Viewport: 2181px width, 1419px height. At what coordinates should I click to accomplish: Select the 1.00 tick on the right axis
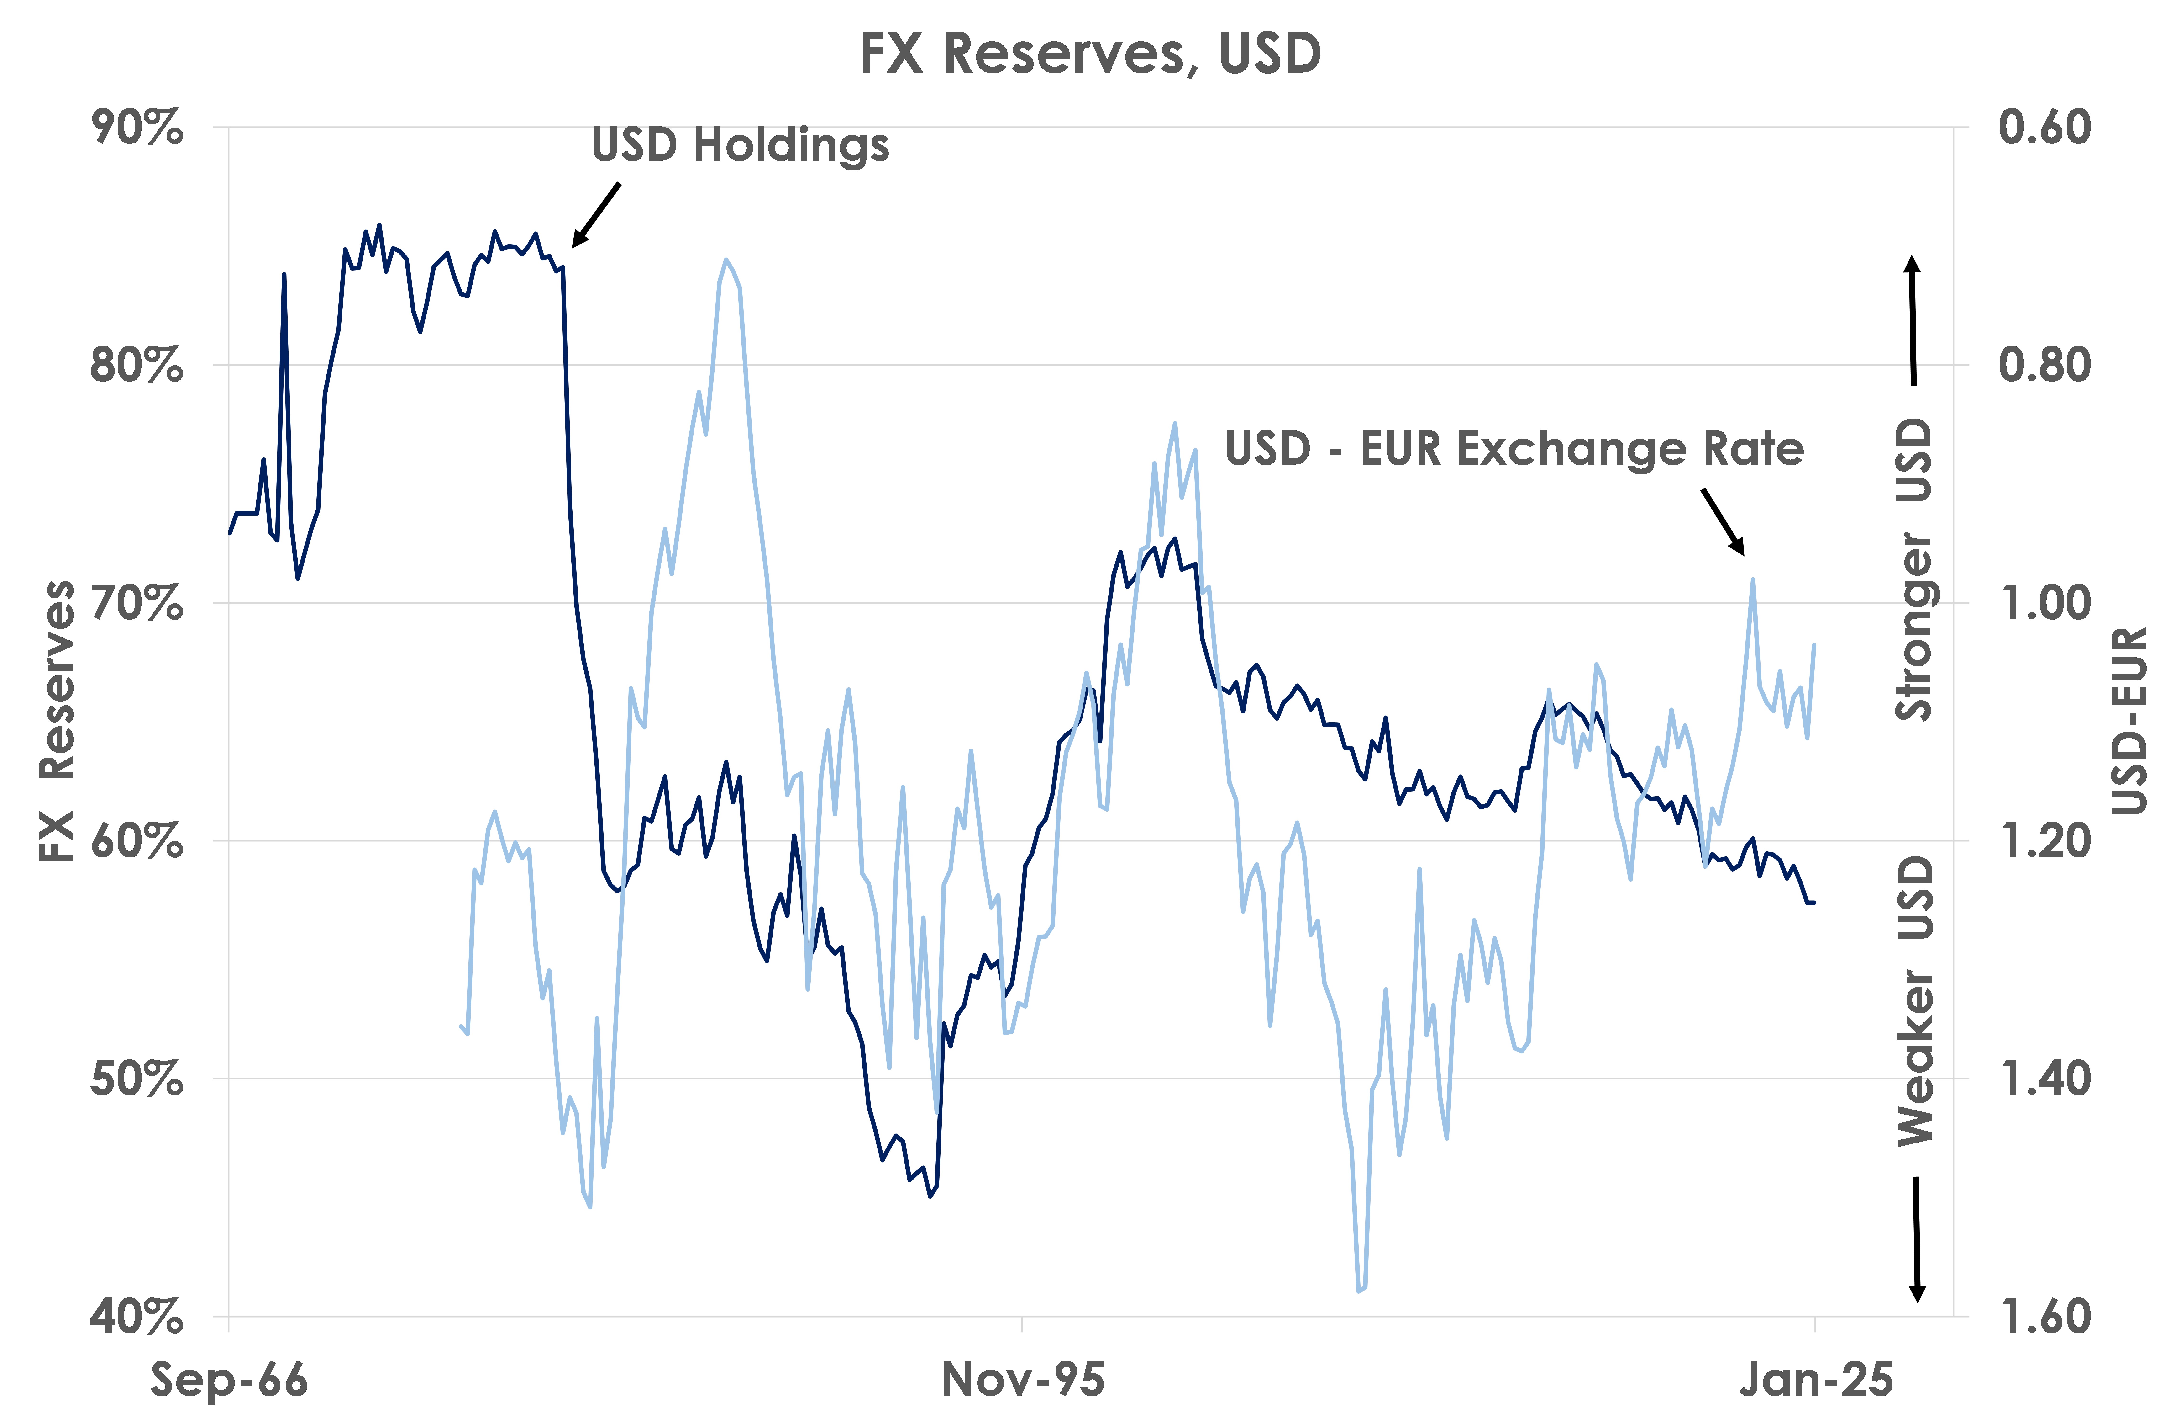point(2044,603)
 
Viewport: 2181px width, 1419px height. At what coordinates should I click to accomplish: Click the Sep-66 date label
point(229,1380)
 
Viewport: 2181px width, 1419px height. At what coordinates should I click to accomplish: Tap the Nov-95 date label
point(1023,1380)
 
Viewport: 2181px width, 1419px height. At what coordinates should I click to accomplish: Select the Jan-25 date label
point(1815,1380)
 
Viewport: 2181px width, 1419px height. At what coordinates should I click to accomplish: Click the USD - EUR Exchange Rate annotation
point(1514,449)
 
